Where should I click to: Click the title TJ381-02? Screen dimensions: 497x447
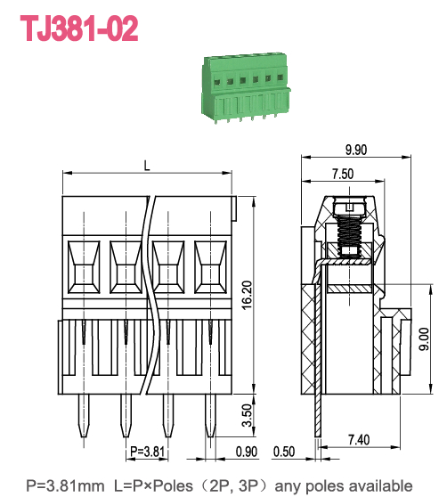coord(80,29)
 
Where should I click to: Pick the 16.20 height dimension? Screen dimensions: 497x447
coord(247,294)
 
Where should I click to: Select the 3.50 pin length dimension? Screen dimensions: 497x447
coord(247,416)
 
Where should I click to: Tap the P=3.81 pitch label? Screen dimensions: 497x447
coord(147,452)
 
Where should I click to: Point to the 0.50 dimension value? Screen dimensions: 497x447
coord(284,452)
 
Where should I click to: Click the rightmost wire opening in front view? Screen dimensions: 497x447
coord(211,267)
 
